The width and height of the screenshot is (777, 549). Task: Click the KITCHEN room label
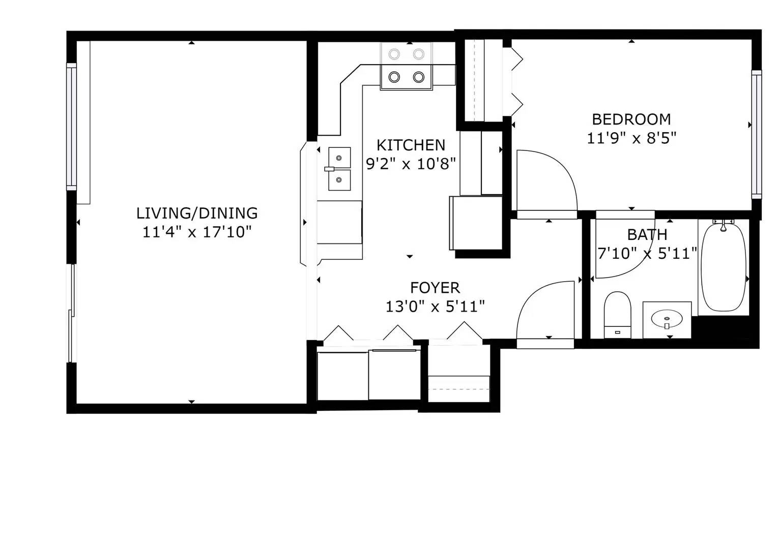coord(411,145)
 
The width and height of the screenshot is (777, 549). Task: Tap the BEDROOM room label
coord(631,119)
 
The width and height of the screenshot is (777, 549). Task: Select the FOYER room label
coord(435,288)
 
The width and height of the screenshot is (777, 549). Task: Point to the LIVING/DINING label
coord(197,213)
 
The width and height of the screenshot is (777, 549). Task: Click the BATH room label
coord(647,235)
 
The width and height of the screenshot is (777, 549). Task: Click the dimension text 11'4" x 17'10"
coord(197,232)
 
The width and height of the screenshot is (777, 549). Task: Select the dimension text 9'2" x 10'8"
coord(411,164)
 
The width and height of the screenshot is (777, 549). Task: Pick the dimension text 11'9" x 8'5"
coord(631,138)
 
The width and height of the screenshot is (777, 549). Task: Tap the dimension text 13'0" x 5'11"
coord(435,307)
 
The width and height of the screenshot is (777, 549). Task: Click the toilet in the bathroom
coord(617,314)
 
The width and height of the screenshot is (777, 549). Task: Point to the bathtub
coord(723,267)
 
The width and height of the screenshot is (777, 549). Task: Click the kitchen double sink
coord(339,169)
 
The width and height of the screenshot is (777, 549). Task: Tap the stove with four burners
coord(406,66)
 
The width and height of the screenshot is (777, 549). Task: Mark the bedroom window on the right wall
coord(757,135)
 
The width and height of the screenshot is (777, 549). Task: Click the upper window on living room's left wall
coord(71,127)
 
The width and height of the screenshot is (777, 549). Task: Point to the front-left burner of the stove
coord(394,77)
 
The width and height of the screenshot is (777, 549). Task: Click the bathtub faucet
coord(723,225)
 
